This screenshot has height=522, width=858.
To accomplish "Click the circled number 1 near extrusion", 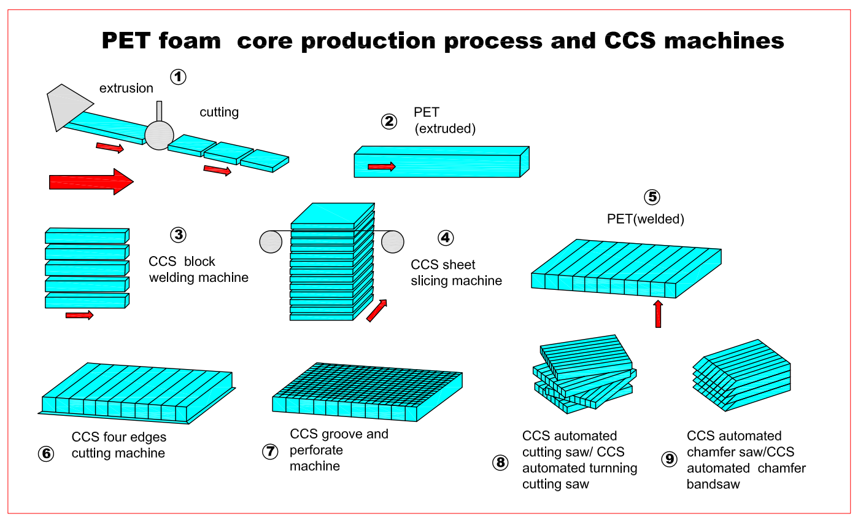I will coord(178,77).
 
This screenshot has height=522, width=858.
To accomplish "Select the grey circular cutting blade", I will coord(160,134).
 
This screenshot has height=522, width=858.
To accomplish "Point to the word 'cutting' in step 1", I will coord(219,112).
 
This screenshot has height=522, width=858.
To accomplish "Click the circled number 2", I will coord(388,122).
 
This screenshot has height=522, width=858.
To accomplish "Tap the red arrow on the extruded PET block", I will coord(381,166).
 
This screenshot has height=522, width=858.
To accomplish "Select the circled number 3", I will coord(177,235).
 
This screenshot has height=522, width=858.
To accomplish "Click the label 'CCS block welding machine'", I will coord(198,269).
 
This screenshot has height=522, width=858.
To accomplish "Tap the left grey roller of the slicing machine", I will coord(271,241).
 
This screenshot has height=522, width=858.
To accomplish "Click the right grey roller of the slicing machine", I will coord(392,241).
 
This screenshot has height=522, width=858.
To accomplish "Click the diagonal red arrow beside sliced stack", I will coord(377,310).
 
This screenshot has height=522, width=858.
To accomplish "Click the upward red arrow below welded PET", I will coord(658,313).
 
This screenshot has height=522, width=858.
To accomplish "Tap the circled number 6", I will coord(45,453).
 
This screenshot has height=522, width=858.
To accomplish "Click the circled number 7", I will coord(270,451).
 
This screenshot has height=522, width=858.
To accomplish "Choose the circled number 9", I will coord(669,459).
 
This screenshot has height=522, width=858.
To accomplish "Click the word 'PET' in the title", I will coord(131,41).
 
